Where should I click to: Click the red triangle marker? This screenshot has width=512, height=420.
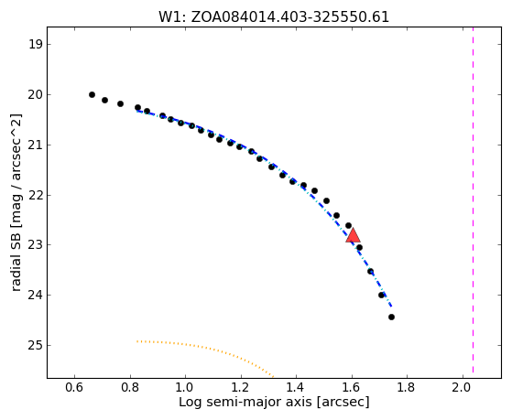point(353,235)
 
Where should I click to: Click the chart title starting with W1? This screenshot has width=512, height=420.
point(274,17)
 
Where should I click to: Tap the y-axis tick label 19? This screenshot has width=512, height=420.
point(35,45)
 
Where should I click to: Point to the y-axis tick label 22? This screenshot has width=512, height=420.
point(35,195)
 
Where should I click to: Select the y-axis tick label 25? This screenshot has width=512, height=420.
point(35,345)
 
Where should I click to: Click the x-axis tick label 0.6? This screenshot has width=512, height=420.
point(74,387)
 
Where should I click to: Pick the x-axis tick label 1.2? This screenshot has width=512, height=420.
point(241,387)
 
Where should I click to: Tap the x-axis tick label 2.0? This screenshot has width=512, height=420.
point(463,387)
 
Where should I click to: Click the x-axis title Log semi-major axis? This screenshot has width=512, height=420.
point(245,402)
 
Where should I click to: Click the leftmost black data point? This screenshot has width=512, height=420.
point(93,94)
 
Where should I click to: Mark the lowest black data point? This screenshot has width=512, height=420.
point(391,317)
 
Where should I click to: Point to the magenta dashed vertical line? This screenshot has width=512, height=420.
point(473,199)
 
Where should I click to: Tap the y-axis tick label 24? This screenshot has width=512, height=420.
point(35,296)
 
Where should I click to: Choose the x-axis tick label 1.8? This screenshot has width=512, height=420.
point(407,387)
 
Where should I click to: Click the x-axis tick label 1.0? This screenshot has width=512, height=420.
point(185,387)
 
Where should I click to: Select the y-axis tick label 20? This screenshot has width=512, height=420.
point(35,95)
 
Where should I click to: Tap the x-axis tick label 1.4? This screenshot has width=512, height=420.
point(296,387)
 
